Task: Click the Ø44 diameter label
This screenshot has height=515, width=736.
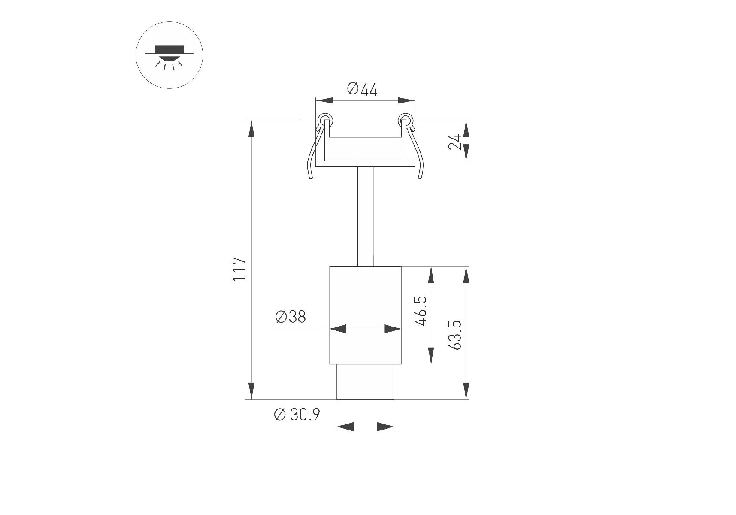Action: pyautogui.click(x=362, y=90)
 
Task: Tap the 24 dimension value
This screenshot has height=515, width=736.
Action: pyautogui.click(x=455, y=142)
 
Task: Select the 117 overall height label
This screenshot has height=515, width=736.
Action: pyautogui.click(x=239, y=269)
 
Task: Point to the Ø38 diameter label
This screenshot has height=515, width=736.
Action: pyautogui.click(x=291, y=317)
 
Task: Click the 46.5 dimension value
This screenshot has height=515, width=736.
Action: pyautogui.click(x=421, y=311)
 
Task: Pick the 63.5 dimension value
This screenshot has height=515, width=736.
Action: pyautogui.click(x=455, y=335)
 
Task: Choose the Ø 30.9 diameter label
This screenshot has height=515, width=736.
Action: pyautogui.click(x=297, y=415)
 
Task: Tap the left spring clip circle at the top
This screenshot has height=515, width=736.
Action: pyautogui.click(x=324, y=119)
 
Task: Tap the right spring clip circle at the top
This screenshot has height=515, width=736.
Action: pyautogui.click(x=404, y=119)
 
